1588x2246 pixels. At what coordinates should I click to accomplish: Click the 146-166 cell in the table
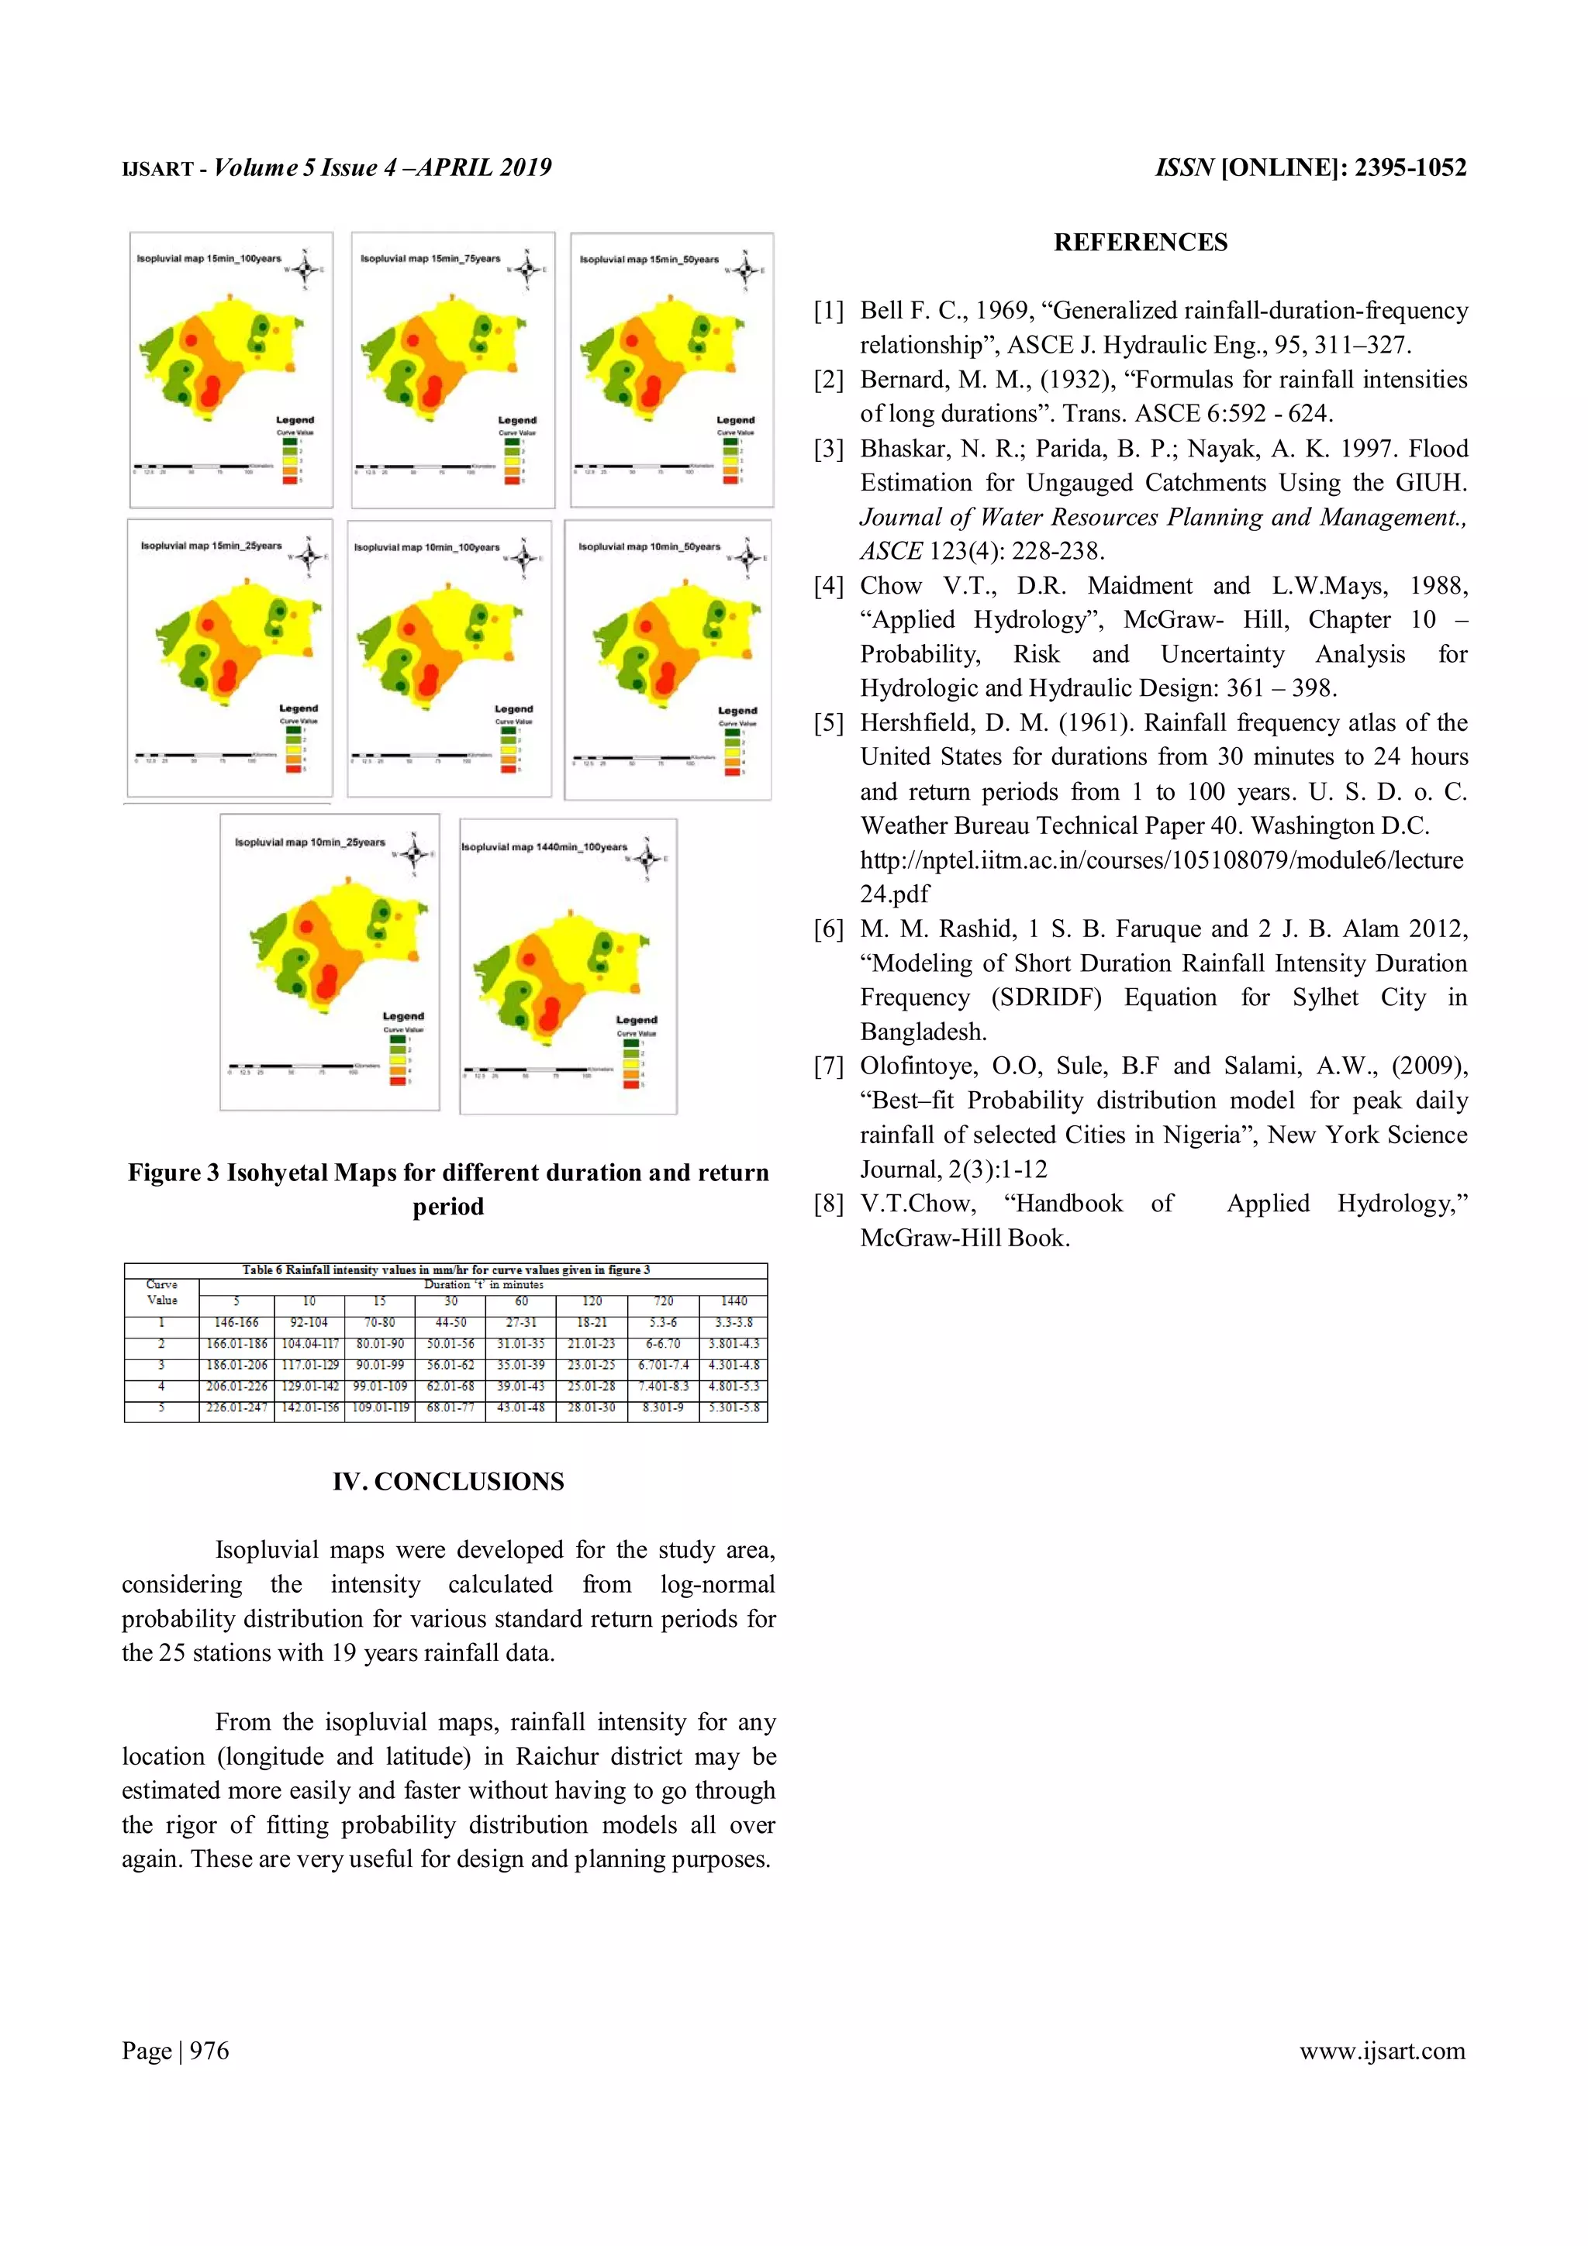pos(236,1321)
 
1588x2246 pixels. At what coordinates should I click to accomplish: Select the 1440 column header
pos(733,1301)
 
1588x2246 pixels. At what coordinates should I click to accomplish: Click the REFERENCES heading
pos(1140,242)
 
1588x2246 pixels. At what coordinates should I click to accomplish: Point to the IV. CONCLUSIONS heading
pos(448,1481)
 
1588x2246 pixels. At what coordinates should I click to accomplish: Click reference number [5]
pos(828,723)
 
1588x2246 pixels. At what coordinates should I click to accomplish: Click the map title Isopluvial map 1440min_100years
pos(544,847)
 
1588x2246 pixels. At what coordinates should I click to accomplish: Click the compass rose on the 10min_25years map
pos(414,854)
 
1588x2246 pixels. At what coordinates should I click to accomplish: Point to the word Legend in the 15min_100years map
pos(295,419)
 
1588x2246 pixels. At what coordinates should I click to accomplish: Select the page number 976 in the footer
pos(209,2051)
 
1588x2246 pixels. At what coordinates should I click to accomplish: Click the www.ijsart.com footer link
pos(1382,2051)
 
